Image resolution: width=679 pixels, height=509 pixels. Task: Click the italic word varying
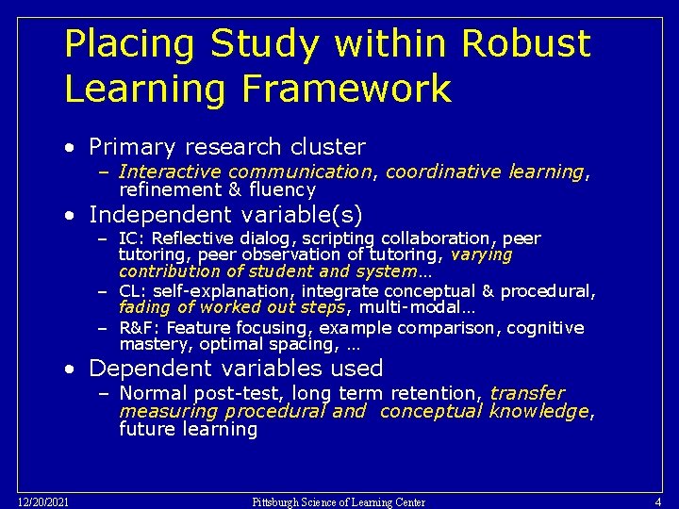click(482, 254)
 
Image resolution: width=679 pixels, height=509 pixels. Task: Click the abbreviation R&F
click(139, 328)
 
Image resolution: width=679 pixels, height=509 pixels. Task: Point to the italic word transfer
click(527, 393)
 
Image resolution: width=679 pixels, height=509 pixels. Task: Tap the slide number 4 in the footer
click(657, 501)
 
